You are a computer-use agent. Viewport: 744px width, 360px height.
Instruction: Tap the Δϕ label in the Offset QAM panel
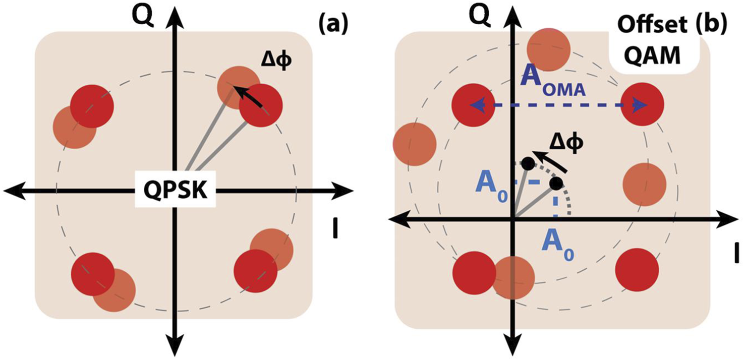pos(566,143)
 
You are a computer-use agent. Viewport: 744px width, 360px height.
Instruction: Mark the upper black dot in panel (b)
pos(528,163)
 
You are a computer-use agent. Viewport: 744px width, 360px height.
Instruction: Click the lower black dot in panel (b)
pos(555,184)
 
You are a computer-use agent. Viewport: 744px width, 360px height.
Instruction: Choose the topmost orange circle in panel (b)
pos(548,49)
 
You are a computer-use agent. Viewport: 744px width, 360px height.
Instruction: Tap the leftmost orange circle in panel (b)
pos(414,144)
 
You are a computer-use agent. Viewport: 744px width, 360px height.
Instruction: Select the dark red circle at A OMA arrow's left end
pos(473,104)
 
